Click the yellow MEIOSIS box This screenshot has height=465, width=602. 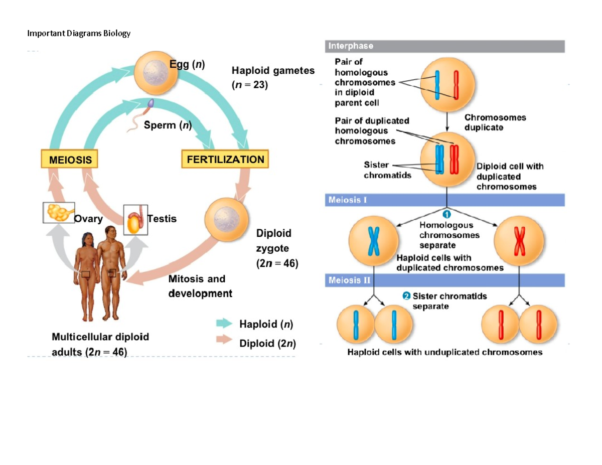(x=70, y=160)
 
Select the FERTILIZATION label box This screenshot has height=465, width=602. (x=225, y=160)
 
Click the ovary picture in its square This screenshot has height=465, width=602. (x=59, y=213)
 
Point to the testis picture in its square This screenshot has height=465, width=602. (x=135, y=219)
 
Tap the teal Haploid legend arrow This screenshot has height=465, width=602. (x=224, y=324)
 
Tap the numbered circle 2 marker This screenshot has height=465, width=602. (x=406, y=296)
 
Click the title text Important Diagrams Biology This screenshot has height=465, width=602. (x=79, y=34)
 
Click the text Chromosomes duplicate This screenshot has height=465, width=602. (x=495, y=122)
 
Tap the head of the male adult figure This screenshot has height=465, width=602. (x=111, y=232)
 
